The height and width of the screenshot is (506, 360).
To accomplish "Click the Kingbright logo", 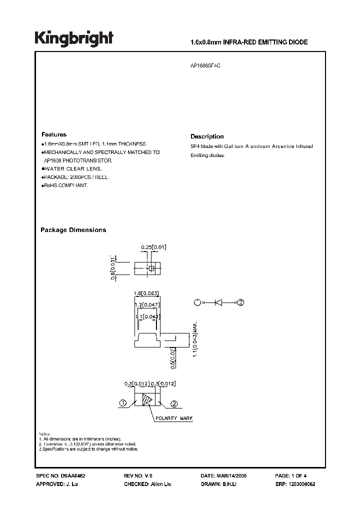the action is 74,38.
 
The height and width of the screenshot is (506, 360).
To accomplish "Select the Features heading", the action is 53,134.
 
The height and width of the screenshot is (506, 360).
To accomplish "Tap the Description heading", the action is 207,136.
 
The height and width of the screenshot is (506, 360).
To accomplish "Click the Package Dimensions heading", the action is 73,230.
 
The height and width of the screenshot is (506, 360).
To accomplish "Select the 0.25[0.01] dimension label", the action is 153,247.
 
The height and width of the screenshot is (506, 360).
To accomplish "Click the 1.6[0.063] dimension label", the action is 146,292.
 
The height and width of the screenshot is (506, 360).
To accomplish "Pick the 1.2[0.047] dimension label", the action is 147,304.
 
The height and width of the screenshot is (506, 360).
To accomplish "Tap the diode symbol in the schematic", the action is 218,302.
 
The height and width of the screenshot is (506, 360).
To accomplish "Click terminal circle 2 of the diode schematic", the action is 240,302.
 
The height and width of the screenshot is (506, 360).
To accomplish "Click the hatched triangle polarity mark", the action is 147,400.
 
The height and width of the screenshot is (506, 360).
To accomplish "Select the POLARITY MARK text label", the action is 173,418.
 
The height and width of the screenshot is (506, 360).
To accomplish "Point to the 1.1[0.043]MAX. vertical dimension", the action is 195,338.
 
